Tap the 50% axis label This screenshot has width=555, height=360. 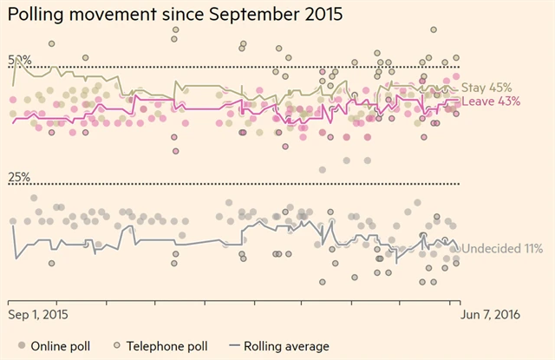20,60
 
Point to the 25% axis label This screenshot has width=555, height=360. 20,177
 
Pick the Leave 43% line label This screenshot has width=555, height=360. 491,101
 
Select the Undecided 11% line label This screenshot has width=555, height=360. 502,249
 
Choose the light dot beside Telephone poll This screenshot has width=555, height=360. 118,346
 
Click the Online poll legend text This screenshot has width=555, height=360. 61,346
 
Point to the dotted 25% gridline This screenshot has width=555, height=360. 260,184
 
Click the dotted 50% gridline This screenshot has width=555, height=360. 260,67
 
